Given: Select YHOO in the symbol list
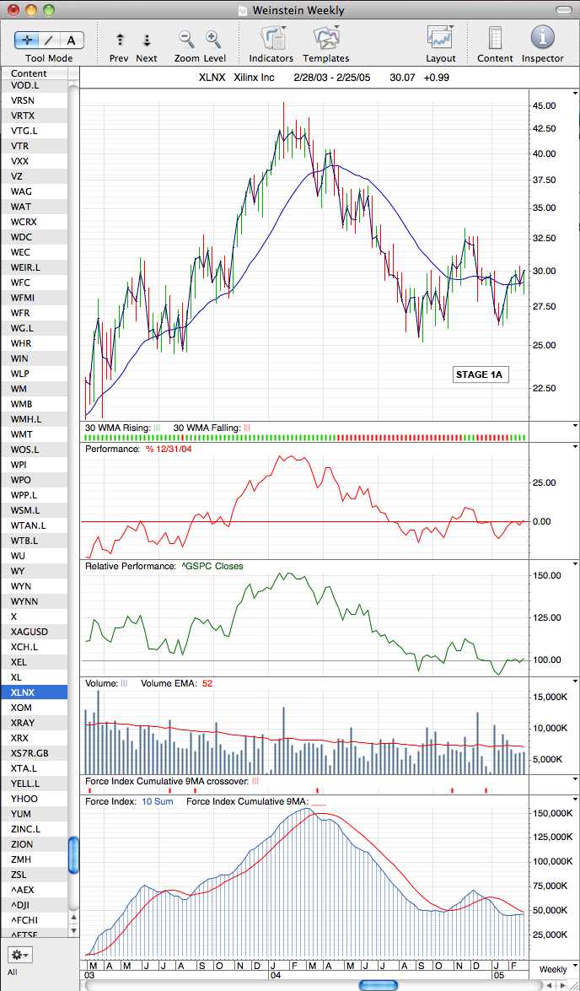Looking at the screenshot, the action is coord(24,798).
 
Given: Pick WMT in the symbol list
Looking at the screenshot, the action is coord(22,434).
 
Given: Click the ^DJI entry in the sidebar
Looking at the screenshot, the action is coord(21,904).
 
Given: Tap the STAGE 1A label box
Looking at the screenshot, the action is coord(480,374).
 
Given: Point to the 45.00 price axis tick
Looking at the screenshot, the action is coord(544,105).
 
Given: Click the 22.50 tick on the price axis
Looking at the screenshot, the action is coord(544,388).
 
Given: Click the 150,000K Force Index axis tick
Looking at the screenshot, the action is coord(547,813).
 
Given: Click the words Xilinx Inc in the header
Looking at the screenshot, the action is coord(258,78).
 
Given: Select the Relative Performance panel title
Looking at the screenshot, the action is coord(164,566).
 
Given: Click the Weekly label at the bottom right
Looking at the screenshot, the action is coord(552,969).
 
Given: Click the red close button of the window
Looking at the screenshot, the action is coord(13,9).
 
